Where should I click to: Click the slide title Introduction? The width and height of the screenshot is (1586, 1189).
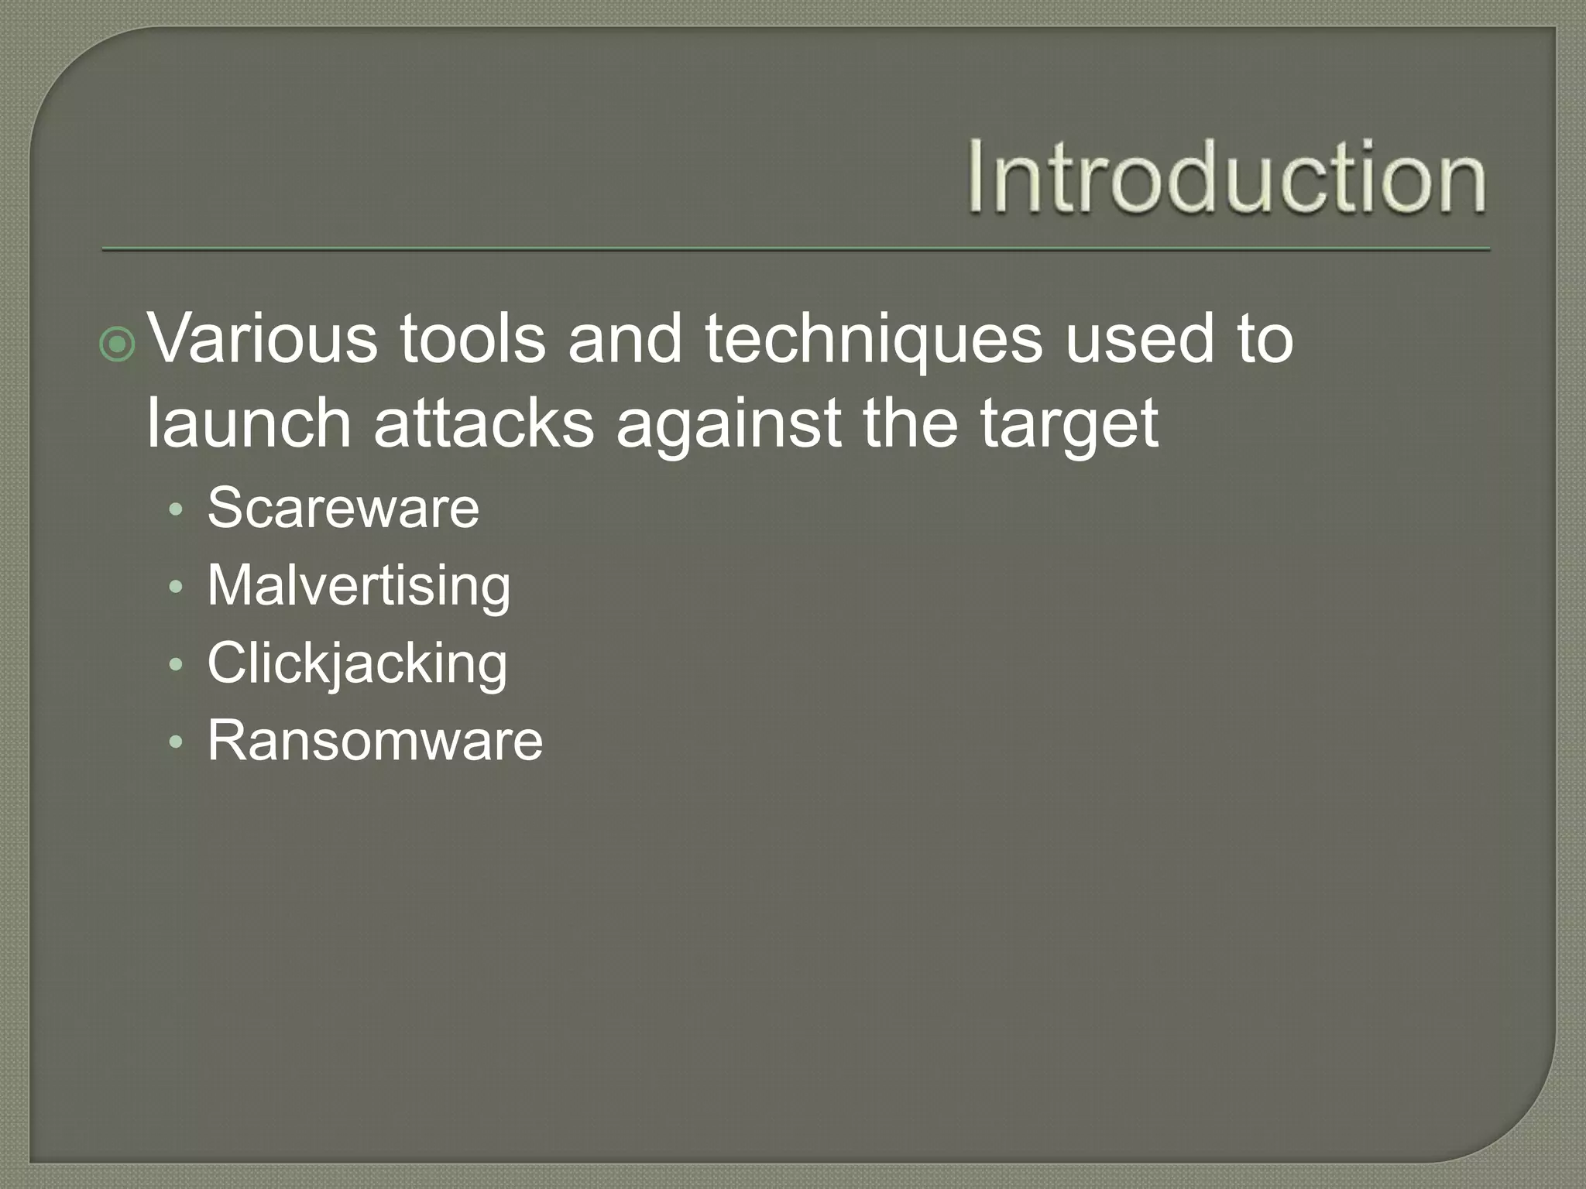pyautogui.click(x=1227, y=176)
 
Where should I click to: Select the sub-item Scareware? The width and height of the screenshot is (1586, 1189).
pyautogui.click(x=343, y=508)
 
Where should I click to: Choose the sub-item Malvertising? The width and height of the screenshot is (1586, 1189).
pyautogui.click(x=359, y=585)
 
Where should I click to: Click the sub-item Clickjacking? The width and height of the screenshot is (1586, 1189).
pyautogui.click(x=357, y=664)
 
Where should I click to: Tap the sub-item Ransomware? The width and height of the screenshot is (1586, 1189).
pyautogui.click(x=375, y=741)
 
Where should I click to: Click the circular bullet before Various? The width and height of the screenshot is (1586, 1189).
pyautogui.click(x=118, y=345)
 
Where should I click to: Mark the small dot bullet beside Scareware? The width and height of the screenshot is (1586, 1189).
pyautogui.click(x=177, y=511)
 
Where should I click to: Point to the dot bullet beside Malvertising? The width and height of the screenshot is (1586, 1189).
pyautogui.click(x=177, y=588)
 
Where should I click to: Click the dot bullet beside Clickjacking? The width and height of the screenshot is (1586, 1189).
pyautogui.click(x=177, y=666)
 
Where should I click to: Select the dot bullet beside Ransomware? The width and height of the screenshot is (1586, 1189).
pyautogui.click(x=177, y=743)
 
